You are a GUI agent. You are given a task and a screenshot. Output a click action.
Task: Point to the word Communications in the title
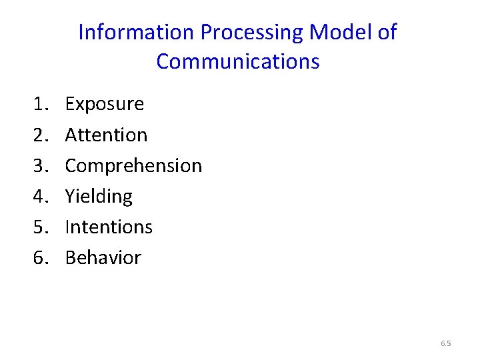[238, 62]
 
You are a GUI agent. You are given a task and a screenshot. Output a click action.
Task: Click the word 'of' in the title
[387, 32]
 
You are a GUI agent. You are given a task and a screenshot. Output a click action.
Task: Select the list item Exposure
[105, 104]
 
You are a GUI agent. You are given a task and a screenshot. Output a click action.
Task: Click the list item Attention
[106, 135]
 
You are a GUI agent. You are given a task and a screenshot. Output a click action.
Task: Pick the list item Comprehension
[133, 165]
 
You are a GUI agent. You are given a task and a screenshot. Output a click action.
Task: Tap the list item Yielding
[99, 196]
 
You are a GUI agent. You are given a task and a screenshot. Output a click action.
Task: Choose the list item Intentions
[109, 227]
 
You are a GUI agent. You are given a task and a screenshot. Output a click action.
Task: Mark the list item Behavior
[103, 257]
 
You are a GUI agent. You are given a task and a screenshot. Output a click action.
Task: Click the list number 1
[39, 104]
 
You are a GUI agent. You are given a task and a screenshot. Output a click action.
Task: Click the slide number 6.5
[446, 344]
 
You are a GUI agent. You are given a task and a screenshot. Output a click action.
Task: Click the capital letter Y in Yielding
[70, 196]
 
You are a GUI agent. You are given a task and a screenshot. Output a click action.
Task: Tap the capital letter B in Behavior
[71, 257]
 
